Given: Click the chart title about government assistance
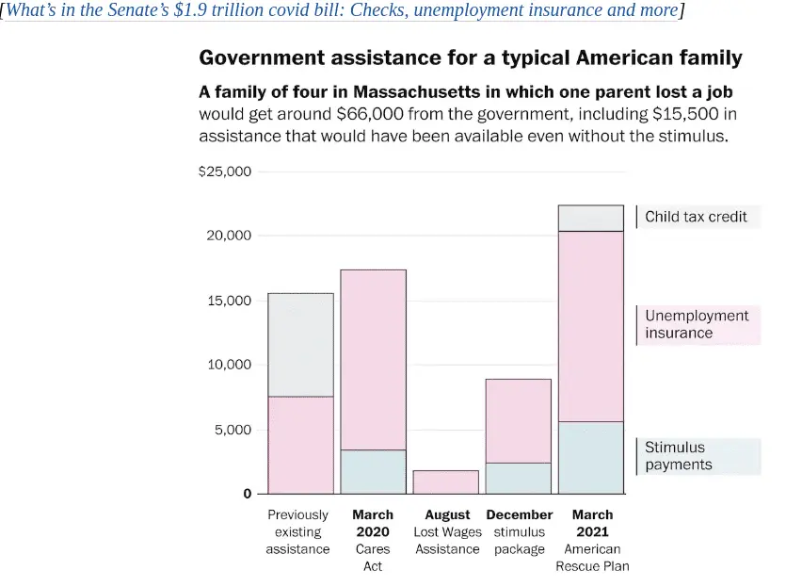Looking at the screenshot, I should point(470,58).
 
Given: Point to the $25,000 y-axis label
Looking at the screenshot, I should point(225,171).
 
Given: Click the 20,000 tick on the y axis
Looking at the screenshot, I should point(229,235).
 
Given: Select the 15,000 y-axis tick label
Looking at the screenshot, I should point(229,300).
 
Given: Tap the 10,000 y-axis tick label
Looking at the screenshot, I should point(229,365).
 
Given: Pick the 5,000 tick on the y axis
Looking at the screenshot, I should point(233,430).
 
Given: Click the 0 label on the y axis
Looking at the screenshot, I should point(248,494).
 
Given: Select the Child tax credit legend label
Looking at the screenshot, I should point(696,217).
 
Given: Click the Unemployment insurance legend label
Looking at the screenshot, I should point(697,324).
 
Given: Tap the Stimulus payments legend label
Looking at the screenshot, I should point(679,456).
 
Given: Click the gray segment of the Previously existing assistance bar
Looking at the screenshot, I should point(300,345).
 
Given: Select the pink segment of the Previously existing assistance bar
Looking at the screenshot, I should point(300,445).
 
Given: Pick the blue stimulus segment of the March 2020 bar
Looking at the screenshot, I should point(373,472).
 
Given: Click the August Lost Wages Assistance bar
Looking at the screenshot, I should point(445,482).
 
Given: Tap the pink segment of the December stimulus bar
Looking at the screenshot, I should point(518,420).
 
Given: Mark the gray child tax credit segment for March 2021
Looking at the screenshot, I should point(590,219).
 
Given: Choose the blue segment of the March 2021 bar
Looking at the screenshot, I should point(590,457).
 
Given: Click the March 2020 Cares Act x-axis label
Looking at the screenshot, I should point(373,541).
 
